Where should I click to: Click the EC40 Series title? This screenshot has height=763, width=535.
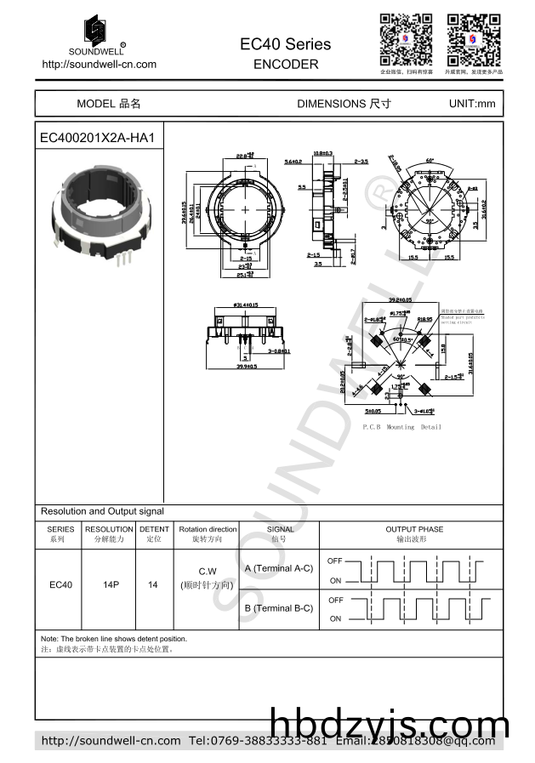pos(286,43)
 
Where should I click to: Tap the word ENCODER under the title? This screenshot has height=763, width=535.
pos(286,64)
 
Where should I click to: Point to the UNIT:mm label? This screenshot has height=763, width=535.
pos(471,104)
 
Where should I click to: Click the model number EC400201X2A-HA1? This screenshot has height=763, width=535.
pos(97,137)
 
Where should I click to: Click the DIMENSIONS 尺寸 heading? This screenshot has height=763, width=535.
pos(344,104)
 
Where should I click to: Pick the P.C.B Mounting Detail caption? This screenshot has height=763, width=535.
pos(401,426)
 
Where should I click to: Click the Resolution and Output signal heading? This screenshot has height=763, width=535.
pos(102,511)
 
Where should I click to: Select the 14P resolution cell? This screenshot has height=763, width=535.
pos(108,585)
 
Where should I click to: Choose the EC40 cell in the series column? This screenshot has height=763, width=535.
pos(60,585)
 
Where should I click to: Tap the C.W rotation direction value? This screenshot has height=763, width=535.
pos(208,571)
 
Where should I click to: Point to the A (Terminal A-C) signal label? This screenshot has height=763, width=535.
pos(278,568)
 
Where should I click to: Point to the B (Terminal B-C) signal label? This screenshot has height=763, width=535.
pos(278,608)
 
